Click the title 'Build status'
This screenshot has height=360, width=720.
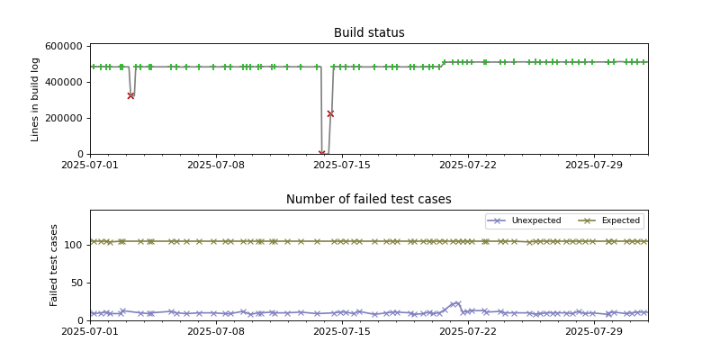pyautogui.click(x=369, y=33)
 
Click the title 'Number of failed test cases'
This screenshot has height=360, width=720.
pyautogui.click(x=369, y=200)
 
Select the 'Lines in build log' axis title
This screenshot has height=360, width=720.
pyautogui.click(x=36, y=100)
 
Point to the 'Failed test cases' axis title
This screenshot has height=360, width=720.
pyautogui.click(x=54, y=265)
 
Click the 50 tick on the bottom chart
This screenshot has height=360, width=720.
pyautogui.click(x=77, y=283)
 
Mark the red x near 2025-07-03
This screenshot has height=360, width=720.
pyautogui.click(x=130, y=95)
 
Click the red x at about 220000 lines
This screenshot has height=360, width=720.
pyautogui.click(x=330, y=113)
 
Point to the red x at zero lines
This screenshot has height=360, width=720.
pyautogui.click(x=321, y=154)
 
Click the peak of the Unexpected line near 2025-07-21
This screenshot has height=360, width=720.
pyautogui.click(x=458, y=304)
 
